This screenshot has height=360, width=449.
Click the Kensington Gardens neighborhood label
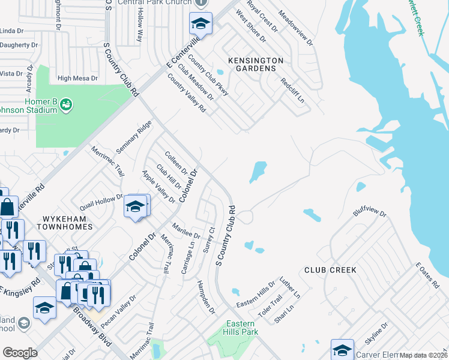(x=255, y=64)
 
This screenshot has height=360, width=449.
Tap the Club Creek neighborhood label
(x=330, y=270)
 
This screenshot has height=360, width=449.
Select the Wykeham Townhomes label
(x=64, y=223)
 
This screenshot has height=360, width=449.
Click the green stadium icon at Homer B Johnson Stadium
(x=66, y=105)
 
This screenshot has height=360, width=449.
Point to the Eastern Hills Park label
(x=240, y=327)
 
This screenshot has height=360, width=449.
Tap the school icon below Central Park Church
(x=200, y=24)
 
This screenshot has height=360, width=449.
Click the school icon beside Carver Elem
(x=342, y=350)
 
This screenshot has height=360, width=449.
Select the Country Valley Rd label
(x=187, y=93)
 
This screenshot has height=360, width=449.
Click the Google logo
(x=20, y=352)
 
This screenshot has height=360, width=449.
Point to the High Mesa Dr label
(x=77, y=78)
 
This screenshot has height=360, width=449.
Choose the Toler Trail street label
(x=269, y=305)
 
